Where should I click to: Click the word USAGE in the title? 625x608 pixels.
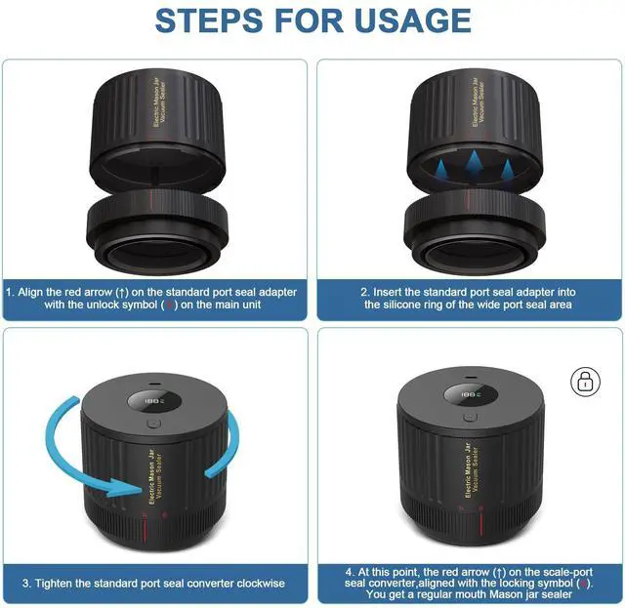pyautogui.click(x=412, y=20)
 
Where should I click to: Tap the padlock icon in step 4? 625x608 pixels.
pyautogui.click(x=585, y=382)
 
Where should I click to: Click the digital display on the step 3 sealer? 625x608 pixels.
pyautogui.click(x=154, y=401)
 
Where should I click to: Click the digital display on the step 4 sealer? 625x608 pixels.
pyautogui.click(x=471, y=395)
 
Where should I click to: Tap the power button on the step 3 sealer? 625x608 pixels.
pyautogui.click(x=154, y=424)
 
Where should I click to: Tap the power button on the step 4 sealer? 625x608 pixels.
pyautogui.click(x=471, y=418)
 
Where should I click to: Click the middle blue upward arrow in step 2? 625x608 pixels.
pyautogui.click(x=474, y=163)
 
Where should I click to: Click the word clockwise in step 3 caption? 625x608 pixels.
pyautogui.click(x=261, y=584)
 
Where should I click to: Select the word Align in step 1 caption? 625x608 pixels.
pyautogui.click(x=30, y=293)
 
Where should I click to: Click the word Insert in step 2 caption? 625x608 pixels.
pyautogui.click(x=387, y=292)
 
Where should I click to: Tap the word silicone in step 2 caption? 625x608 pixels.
pyautogui.click(x=400, y=304)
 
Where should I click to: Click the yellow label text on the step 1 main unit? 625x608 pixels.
pyautogui.click(x=158, y=102)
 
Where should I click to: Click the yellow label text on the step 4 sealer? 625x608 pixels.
pyautogui.click(x=472, y=469)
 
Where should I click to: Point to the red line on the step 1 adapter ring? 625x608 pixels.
pyautogui.click(x=151, y=198)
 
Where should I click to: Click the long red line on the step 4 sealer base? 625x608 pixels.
pyautogui.click(x=481, y=522)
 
